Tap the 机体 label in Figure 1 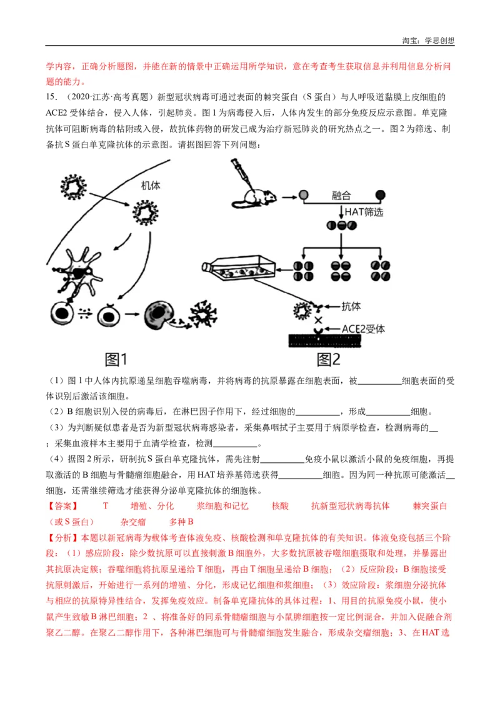click(151, 186)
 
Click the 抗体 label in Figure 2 click(351, 306)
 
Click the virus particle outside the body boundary click(73, 185)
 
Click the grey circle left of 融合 click(303, 195)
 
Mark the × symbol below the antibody click(317, 321)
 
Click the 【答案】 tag click(62, 506)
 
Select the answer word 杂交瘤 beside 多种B click(133, 522)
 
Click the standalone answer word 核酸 click(280, 506)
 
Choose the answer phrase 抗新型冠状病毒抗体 click(350, 506)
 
